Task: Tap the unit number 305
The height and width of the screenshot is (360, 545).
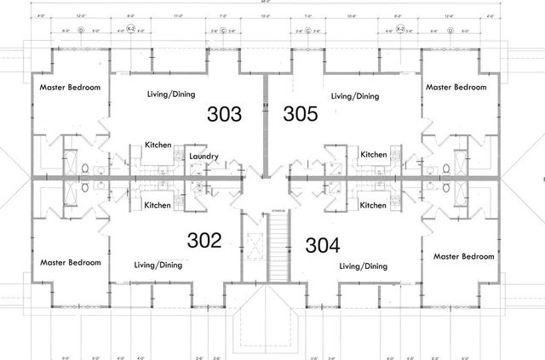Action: point(301,114)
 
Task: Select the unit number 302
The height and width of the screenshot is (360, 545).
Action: point(204,240)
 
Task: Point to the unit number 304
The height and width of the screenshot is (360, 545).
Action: point(322,246)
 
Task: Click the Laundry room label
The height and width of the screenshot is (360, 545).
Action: point(205,157)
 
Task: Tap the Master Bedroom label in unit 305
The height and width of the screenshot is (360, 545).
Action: point(456,87)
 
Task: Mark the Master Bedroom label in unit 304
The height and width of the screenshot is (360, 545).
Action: point(463,256)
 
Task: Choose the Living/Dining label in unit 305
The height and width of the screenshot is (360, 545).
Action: point(354,96)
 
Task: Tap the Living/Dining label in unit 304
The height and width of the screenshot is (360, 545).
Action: point(363,266)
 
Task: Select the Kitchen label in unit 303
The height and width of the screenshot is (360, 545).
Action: point(159,145)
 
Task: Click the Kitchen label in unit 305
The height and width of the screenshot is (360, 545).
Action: point(373,154)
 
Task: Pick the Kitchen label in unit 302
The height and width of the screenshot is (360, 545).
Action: point(158,205)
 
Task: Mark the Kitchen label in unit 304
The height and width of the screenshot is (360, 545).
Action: point(373,205)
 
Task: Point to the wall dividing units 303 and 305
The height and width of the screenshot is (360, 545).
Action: point(266,119)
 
